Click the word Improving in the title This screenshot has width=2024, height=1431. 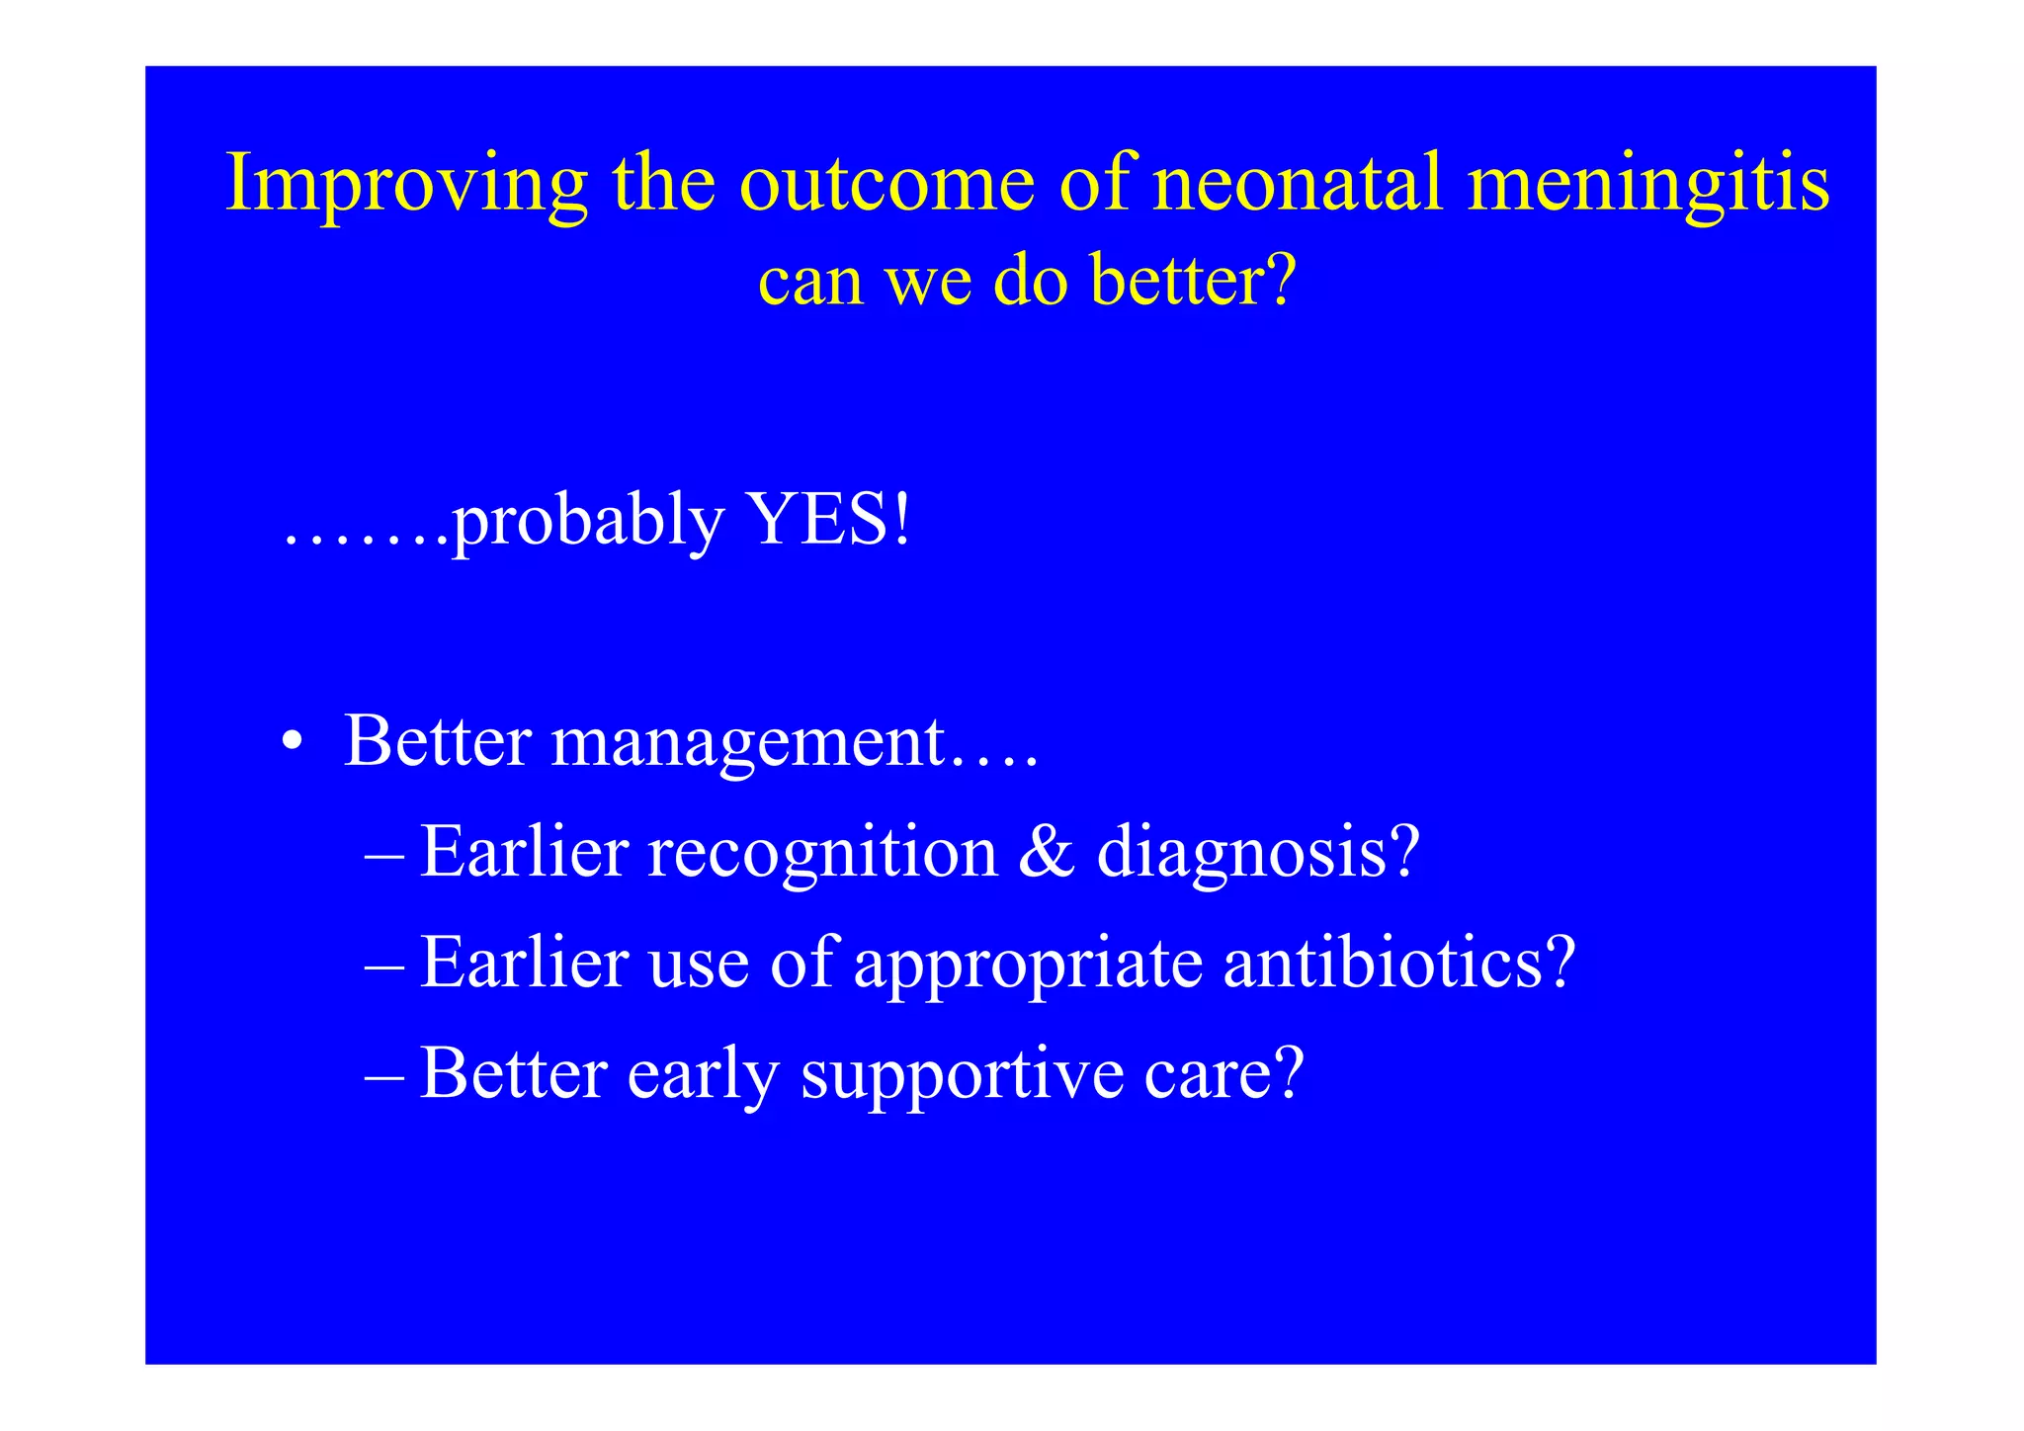[406, 185]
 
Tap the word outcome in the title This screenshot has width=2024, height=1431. [886, 185]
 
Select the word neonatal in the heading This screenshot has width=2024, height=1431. [1298, 185]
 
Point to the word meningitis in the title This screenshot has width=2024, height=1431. [1648, 185]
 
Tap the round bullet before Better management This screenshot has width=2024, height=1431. [290, 742]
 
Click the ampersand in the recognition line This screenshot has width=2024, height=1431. [1047, 852]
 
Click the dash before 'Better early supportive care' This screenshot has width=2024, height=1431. [383, 1075]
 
